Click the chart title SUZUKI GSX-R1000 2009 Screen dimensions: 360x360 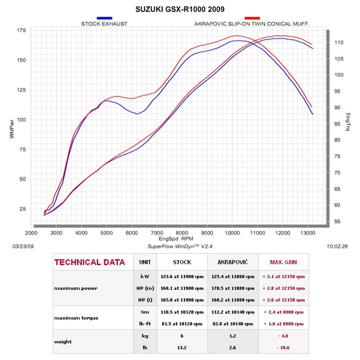point(180,10)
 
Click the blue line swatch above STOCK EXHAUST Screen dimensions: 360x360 point(105,19)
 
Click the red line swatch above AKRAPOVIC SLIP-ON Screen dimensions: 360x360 point(251,19)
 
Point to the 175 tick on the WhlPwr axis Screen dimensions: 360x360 point(21,30)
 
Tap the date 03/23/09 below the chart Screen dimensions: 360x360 point(23,246)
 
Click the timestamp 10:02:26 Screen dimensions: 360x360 point(335,246)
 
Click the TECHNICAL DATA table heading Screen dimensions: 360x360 point(90,263)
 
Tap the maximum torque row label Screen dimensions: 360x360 point(77,318)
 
